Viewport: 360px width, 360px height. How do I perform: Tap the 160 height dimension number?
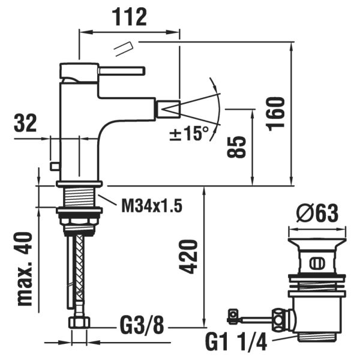coord(277,115)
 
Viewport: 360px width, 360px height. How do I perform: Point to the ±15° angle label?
coord(188,133)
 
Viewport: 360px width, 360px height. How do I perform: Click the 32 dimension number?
coord(25,124)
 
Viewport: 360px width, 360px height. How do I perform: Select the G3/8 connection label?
coord(141,327)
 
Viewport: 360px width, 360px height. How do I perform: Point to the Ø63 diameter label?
coord(318,213)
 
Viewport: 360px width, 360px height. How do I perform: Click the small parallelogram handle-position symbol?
coord(124,47)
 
